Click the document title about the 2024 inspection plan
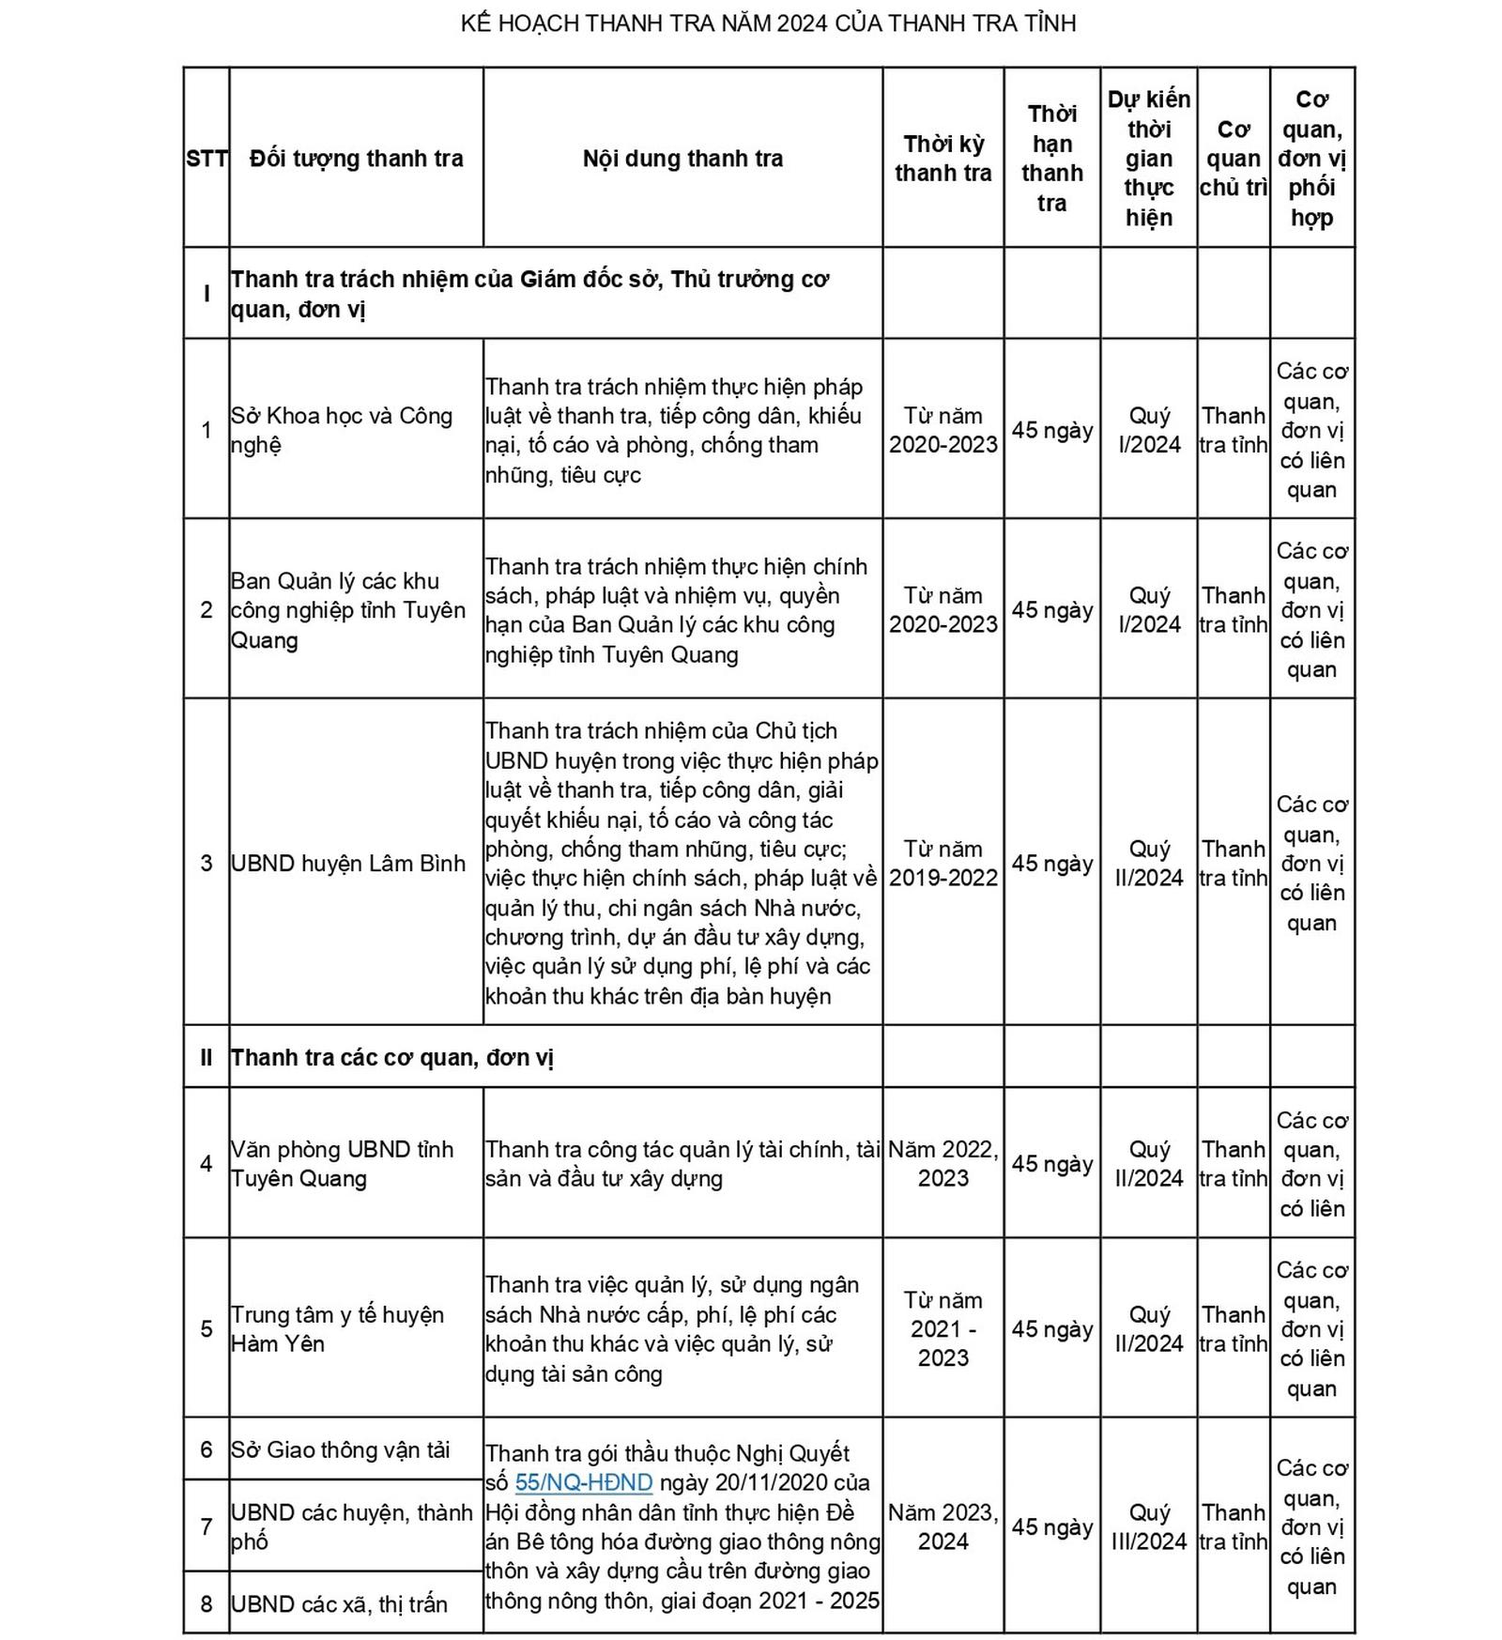768,23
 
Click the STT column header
207,159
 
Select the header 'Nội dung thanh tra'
682,159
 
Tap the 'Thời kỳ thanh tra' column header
943,159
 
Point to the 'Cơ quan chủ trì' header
1233,159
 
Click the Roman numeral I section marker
207,294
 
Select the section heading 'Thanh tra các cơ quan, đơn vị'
392,1058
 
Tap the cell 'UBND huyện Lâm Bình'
348,864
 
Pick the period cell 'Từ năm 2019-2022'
943,864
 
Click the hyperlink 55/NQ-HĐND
583,1482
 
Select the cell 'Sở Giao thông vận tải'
341,1449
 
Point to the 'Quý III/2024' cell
1149,1526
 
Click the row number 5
207,1329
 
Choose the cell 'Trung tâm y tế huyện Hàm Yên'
337,1329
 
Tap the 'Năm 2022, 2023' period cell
943,1164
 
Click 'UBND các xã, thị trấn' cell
339,1604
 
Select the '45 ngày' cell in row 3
1051,864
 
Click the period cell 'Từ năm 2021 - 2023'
943,1329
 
